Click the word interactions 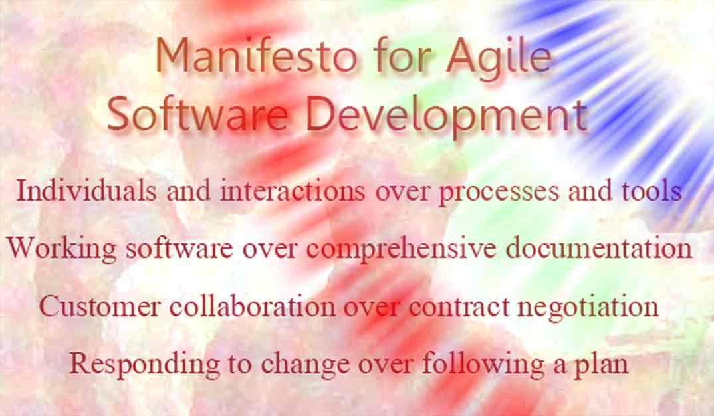point(292,191)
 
